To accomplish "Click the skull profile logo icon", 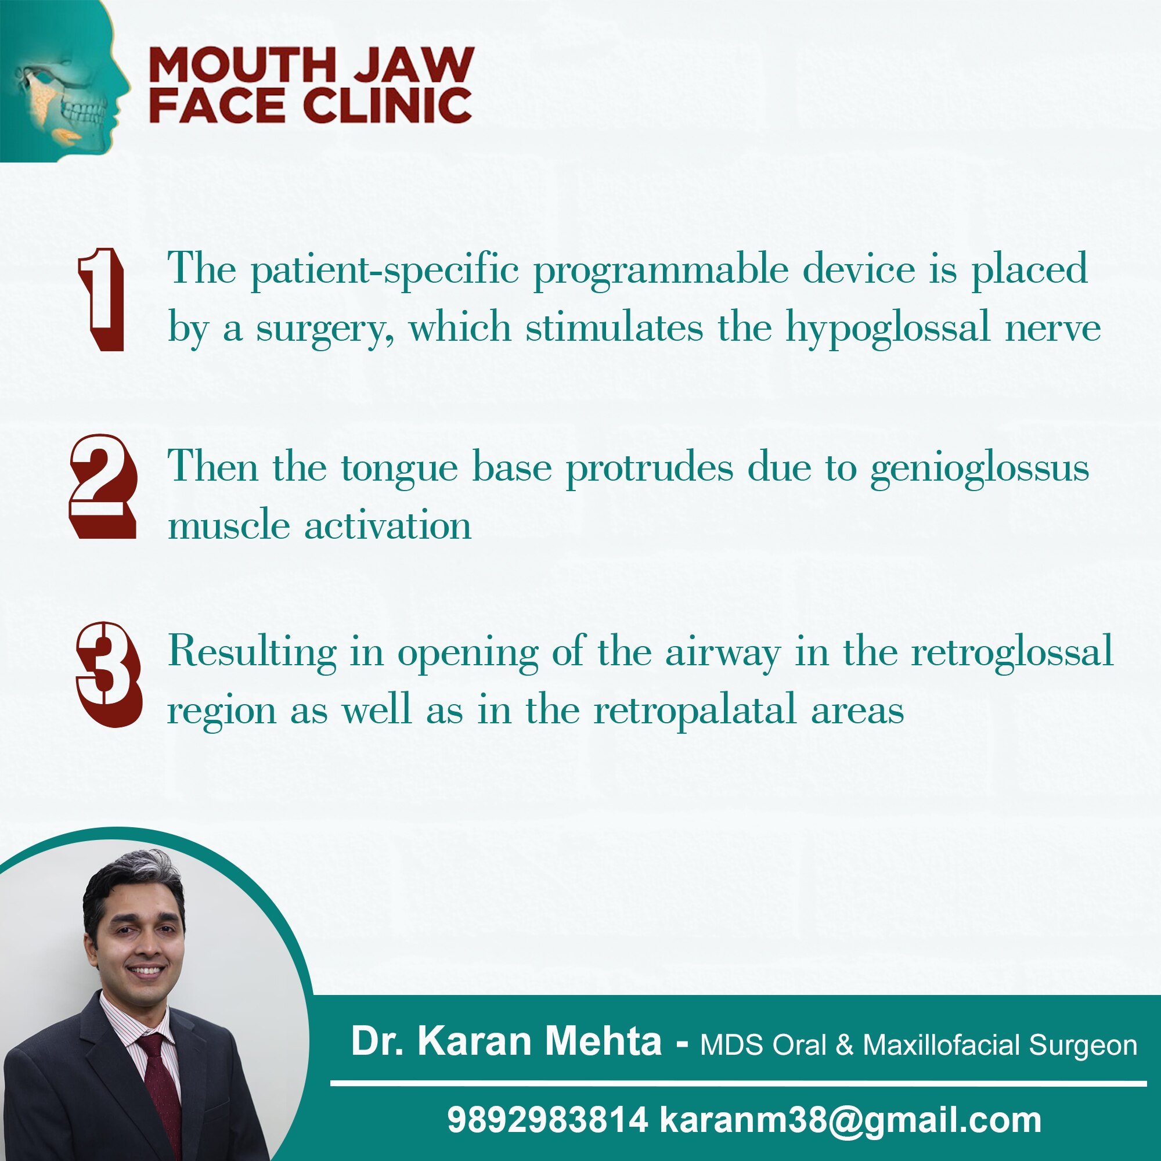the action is [65, 81].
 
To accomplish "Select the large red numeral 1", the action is [101, 300].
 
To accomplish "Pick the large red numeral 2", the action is [103, 486].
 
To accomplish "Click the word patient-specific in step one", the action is [385, 271].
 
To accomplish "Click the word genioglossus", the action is [979, 468].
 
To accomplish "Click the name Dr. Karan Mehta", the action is [506, 1041].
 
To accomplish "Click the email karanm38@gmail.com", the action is [850, 1122].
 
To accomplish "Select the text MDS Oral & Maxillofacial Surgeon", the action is [919, 1045].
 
